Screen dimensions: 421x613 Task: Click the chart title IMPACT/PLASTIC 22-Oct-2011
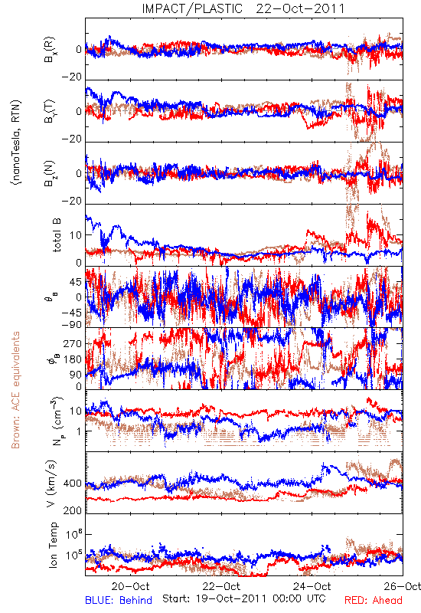pos(243,8)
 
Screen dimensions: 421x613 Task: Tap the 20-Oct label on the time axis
pos(130,586)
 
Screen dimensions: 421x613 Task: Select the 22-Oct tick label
pos(221,586)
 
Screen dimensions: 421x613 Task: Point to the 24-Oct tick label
pos(312,586)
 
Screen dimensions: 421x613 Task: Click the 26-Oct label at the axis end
pos(403,586)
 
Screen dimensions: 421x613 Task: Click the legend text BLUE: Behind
pos(119,600)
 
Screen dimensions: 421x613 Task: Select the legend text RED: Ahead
pos(374,600)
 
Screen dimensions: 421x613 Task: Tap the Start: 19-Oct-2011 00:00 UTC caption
pos(244,598)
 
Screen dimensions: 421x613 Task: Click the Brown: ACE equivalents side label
pos(15,390)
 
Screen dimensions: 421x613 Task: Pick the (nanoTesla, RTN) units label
pos(16,143)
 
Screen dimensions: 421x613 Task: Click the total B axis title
pos(56,235)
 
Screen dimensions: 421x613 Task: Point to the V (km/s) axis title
pos(52,484)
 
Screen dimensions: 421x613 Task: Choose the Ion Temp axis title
pos(53,545)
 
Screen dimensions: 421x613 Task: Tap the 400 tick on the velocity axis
pos(73,484)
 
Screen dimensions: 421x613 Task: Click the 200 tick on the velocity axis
pos(73,510)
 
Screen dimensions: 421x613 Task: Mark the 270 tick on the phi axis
pos(73,343)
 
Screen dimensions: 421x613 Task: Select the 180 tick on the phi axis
pos(73,359)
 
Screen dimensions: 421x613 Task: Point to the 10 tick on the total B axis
pos(76,235)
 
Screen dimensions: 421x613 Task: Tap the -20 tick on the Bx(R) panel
pos(72,77)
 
